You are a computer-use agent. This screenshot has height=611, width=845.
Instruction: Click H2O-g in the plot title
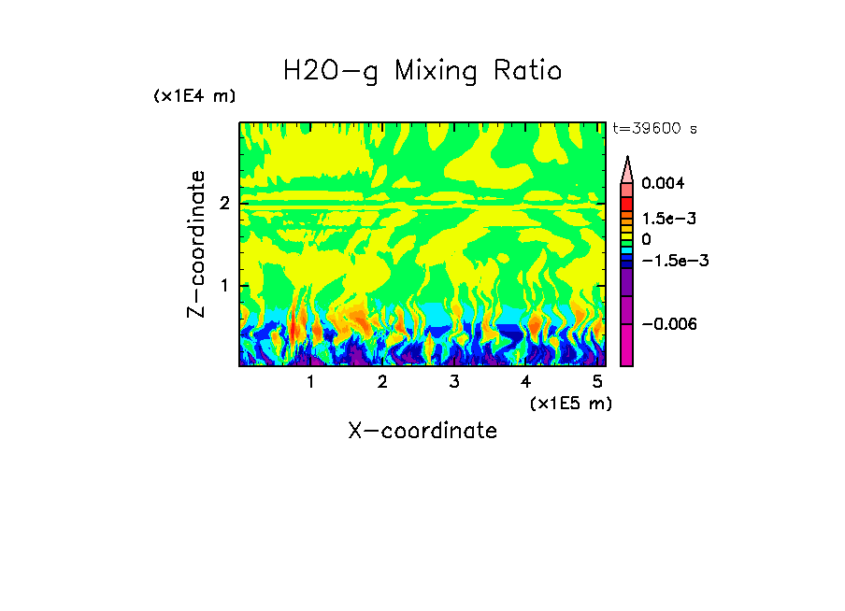331,72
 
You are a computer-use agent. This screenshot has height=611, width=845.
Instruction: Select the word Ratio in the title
526,72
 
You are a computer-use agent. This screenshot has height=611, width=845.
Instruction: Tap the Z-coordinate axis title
196,244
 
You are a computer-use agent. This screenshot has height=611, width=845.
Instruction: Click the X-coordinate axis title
422,431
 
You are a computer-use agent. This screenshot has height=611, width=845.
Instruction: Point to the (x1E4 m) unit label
194,96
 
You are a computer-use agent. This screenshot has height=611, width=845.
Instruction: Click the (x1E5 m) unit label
570,403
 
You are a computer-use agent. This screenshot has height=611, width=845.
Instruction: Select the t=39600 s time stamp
654,129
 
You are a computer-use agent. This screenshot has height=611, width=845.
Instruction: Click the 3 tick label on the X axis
454,382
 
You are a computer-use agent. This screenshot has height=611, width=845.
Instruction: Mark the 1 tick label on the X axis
310,382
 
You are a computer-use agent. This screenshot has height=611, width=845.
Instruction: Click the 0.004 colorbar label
663,184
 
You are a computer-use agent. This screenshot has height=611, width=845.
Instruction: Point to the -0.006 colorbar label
668,323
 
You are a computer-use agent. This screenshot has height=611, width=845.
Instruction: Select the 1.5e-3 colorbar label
663,219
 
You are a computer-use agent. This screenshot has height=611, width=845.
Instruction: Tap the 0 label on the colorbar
646,239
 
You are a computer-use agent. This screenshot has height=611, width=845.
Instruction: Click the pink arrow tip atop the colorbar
627,168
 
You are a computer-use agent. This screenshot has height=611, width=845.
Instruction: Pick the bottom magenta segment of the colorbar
627,347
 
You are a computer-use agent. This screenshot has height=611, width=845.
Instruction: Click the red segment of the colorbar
627,202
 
